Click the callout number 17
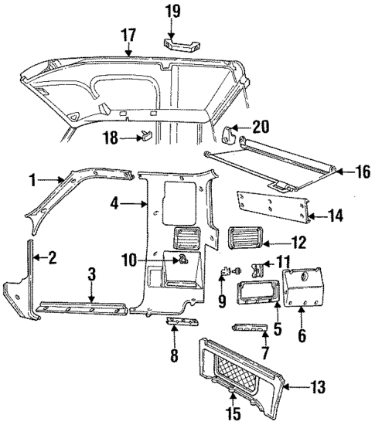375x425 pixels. click(128, 34)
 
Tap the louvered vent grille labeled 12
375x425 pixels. click(246, 237)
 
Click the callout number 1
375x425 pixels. click(33, 181)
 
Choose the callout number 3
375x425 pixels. click(91, 274)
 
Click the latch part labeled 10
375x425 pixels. click(184, 260)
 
